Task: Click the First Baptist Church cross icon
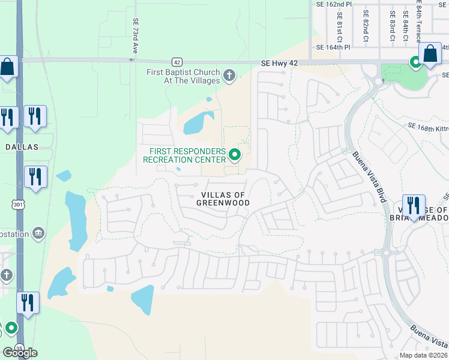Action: (229, 76)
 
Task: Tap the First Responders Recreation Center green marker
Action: (235, 155)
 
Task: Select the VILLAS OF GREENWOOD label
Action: (223, 199)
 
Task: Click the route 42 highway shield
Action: (176, 61)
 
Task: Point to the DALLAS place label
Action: (22, 146)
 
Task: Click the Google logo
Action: (20, 353)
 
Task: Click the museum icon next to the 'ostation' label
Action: (39, 232)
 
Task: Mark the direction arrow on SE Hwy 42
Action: (131, 60)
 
